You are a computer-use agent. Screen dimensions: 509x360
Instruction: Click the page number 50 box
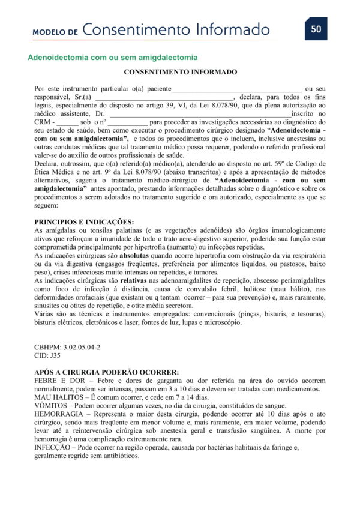pyautogui.click(x=316, y=29)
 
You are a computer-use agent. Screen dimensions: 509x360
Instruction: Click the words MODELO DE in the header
pyautogui.click(x=55, y=31)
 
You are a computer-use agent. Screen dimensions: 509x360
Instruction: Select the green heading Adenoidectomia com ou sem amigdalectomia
pyautogui.click(x=113, y=58)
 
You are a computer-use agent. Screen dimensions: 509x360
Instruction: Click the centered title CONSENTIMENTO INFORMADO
pyautogui.click(x=180, y=72)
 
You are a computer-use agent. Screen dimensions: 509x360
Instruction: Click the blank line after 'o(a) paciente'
pyautogui.click(x=237, y=89)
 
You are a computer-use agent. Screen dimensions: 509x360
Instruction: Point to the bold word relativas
pyautogui.click(x=136, y=281)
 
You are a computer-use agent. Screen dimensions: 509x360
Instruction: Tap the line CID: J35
pyautogui.click(x=47, y=355)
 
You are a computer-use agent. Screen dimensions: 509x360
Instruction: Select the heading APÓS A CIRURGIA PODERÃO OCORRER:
pyautogui.click(x=107, y=372)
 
